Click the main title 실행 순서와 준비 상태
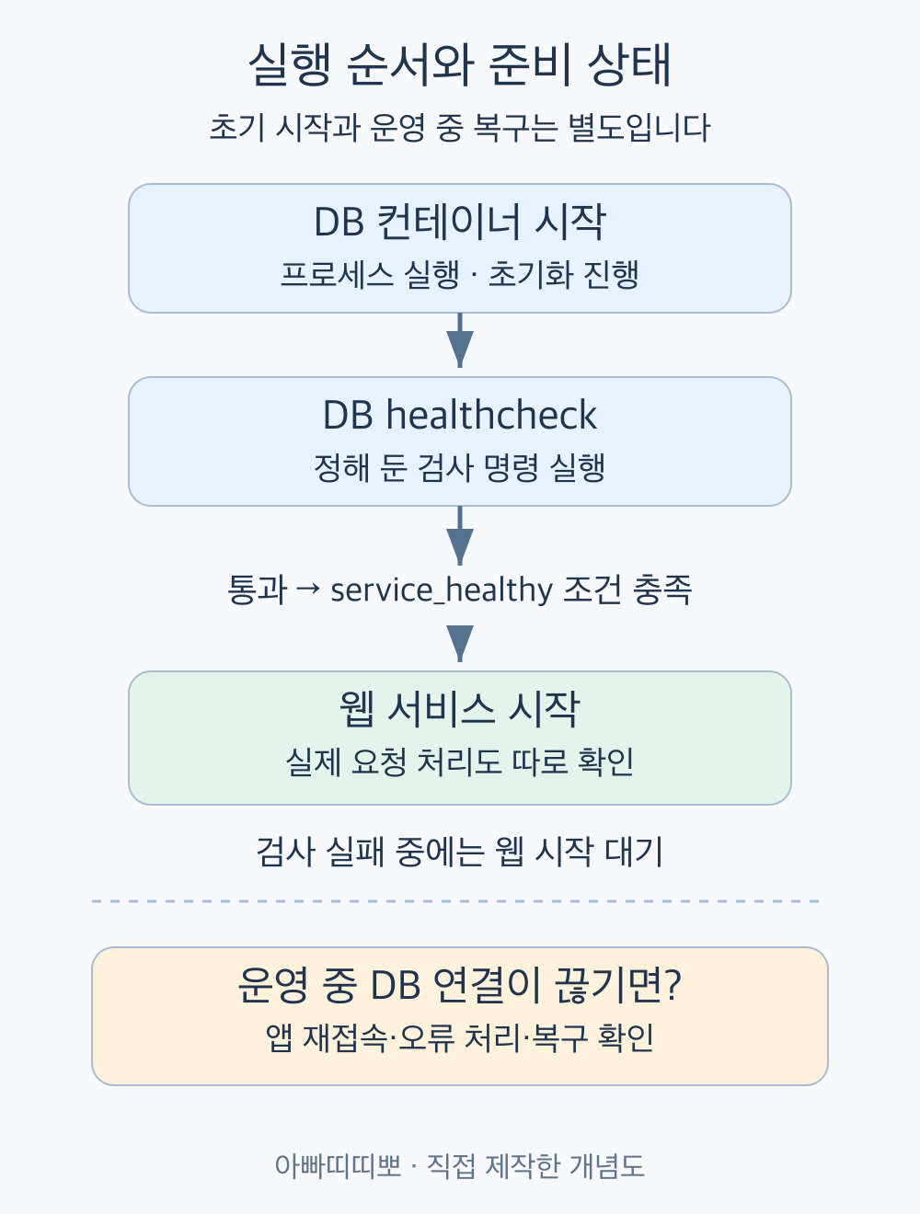[x=460, y=64]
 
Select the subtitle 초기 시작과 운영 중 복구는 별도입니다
[x=460, y=128]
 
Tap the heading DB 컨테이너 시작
[x=460, y=222]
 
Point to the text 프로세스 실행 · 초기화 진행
[x=460, y=274]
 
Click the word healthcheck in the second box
[x=491, y=415]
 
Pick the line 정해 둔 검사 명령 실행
[x=460, y=467]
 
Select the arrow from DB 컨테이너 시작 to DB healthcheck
[x=460, y=340]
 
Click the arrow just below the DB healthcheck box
[x=460, y=535]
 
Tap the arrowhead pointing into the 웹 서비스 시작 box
[x=460, y=643]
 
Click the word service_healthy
[x=442, y=590]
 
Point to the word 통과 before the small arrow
[x=258, y=590]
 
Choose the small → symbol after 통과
[x=309, y=589]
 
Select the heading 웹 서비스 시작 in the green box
[x=460, y=708]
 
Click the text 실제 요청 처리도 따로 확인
[x=460, y=762]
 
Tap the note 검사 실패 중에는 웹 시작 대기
[x=460, y=852]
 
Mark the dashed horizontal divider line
[x=455, y=901]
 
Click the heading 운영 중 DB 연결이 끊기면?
[x=460, y=986]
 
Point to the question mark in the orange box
[x=673, y=986]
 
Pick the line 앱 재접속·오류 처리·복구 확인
[x=460, y=1037]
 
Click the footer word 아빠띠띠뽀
[x=338, y=1166]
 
